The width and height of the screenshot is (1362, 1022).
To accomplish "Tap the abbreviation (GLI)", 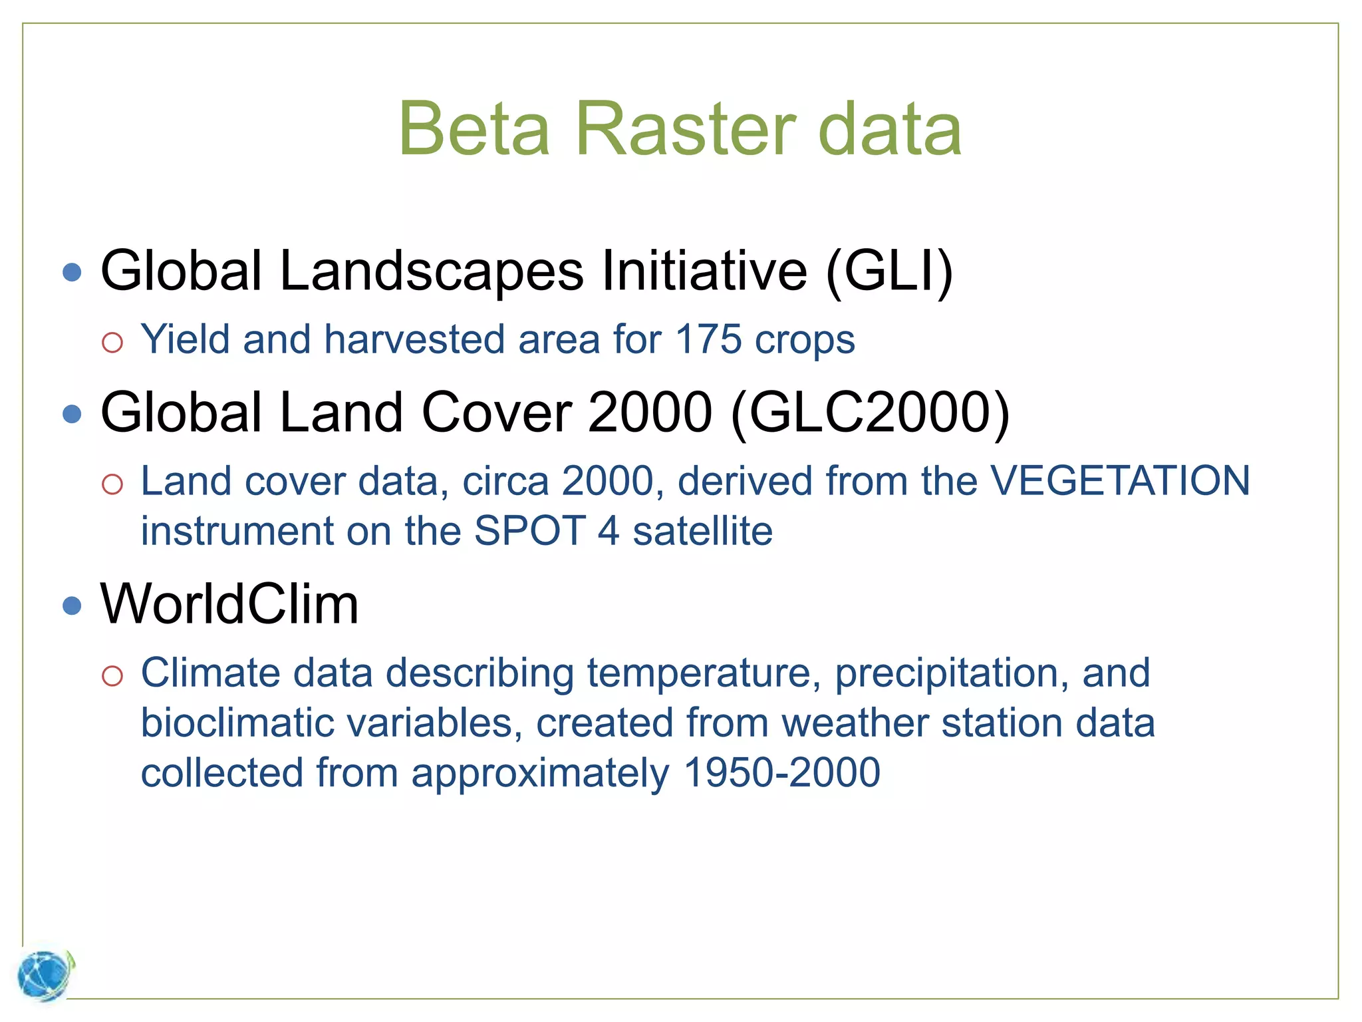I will click(x=889, y=271).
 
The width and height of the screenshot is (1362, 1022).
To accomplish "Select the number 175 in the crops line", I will click(x=708, y=340).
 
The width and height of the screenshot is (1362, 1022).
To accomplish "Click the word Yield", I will click(x=186, y=340).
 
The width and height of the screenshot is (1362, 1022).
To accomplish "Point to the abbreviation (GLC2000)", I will click(x=869, y=413).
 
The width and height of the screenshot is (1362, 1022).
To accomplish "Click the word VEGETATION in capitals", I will click(x=1120, y=481).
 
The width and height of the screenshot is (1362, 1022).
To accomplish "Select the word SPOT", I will click(x=529, y=531).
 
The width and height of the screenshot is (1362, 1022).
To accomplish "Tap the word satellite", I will click(x=702, y=531).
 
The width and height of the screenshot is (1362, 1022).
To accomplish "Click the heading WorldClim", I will click(x=229, y=604).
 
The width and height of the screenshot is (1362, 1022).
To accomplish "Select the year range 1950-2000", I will click(x=781, y=773).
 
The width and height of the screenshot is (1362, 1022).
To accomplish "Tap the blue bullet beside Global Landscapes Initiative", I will click(x=72, y=272).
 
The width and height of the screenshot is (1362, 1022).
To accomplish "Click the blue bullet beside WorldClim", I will click(x=72, y=605).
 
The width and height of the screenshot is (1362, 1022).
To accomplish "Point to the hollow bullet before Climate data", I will click(x=112, y=677).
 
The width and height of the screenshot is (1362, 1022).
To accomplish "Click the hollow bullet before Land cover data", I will click(x=112, y=484).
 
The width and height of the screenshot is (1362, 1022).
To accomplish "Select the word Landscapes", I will click(x=432, y=271).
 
